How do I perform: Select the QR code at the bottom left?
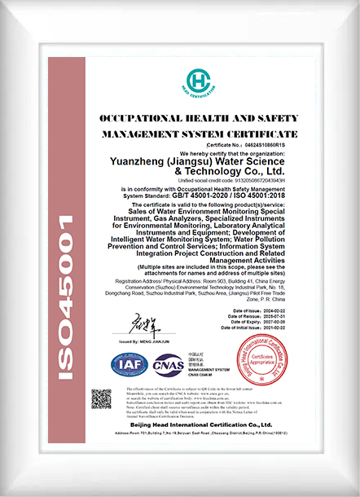pyautogui.click(x=101, y=399)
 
